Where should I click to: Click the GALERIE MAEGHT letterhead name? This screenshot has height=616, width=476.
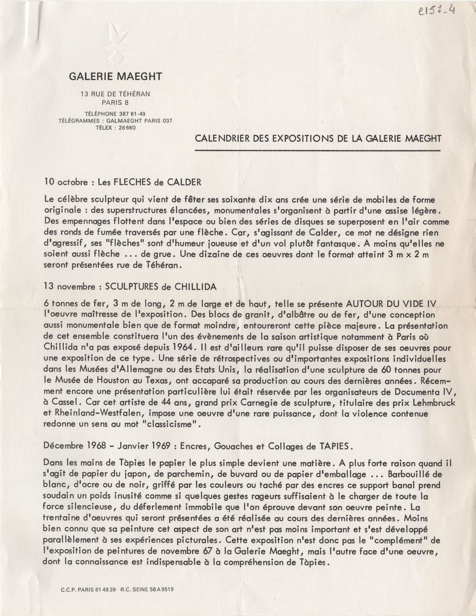click(115, 76)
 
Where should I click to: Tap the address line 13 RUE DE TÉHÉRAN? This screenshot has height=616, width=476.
click(115, 94)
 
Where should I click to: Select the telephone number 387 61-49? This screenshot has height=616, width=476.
click(128, 114)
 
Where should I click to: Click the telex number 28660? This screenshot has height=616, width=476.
click(124, 128)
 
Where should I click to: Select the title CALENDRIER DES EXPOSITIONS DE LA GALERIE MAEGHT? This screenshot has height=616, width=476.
click(319, 138)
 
